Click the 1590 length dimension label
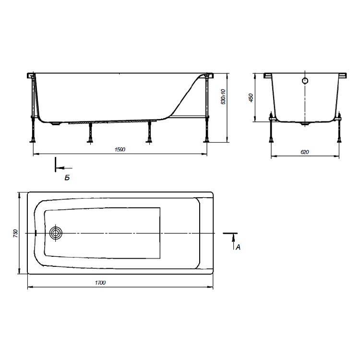120,149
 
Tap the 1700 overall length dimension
100,283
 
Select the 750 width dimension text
15,233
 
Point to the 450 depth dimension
251,98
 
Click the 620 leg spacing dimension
305,152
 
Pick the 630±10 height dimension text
223,97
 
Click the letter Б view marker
67,178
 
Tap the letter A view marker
238,247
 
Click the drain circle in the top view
56,233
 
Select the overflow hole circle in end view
305,81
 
